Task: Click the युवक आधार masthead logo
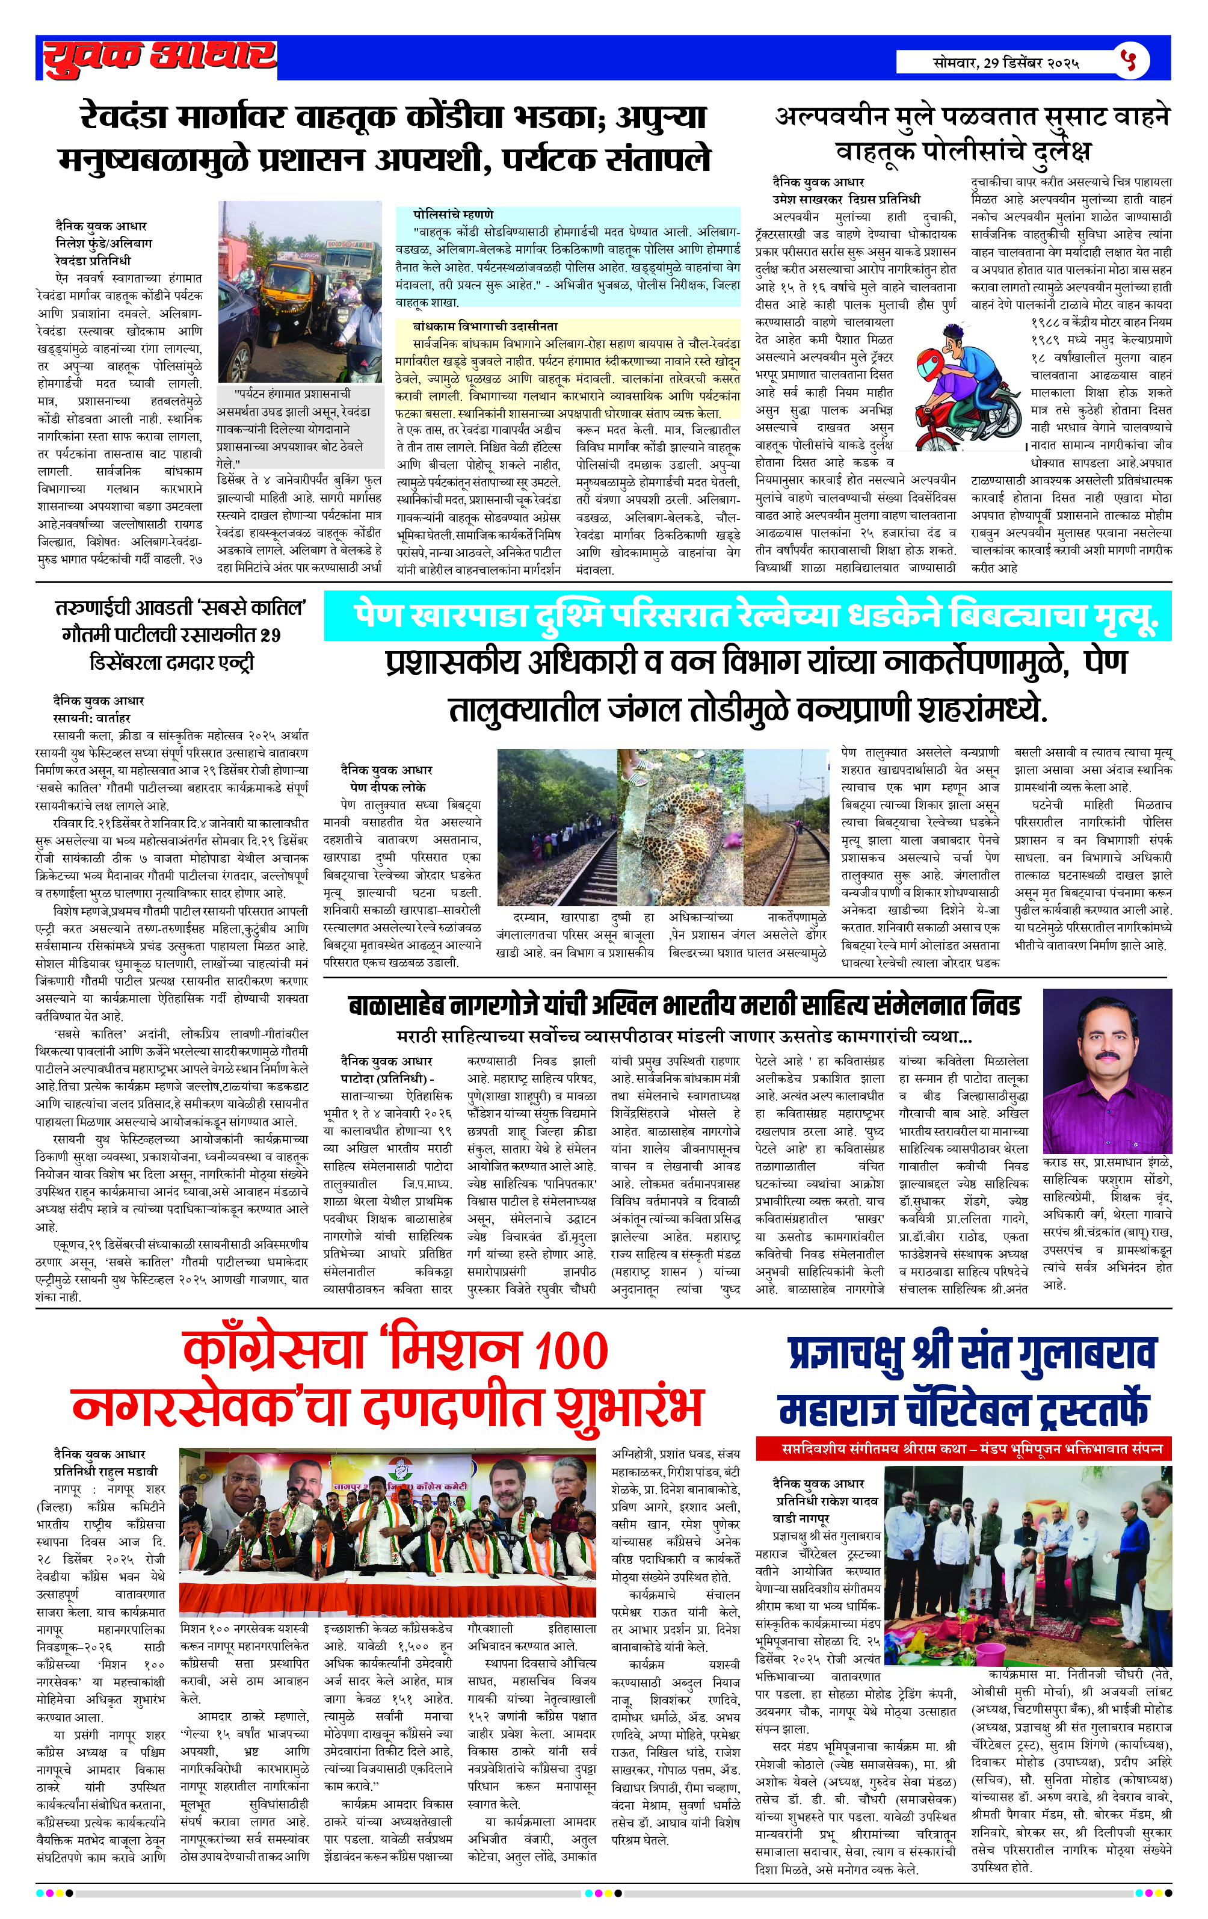[159, 57]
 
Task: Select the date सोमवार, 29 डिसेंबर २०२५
[1006, 62]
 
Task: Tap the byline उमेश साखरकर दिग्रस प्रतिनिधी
[845, 199]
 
